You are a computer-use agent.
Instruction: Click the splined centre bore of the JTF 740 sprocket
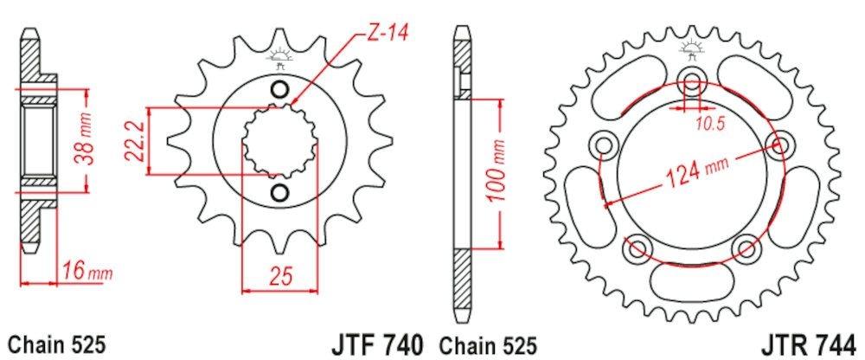tap(279, 141)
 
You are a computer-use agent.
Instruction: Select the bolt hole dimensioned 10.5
tap(692, 84)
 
